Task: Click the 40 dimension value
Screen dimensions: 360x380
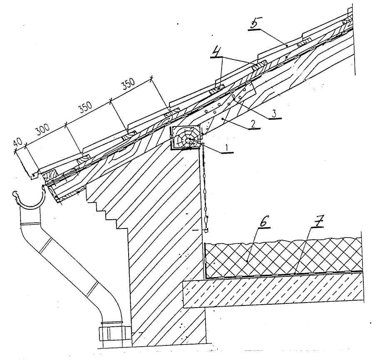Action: point(17,142)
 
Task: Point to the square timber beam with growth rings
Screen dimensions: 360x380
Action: point(186,138)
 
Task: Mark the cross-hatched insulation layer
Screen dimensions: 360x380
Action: point(283,256)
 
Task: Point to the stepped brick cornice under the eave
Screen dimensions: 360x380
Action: point(106,208)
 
